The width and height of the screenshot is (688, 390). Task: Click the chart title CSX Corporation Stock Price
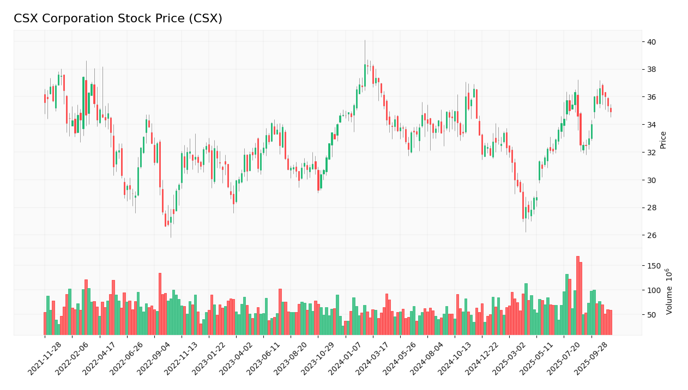(118, 19)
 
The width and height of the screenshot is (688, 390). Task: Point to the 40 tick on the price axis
(651, 42)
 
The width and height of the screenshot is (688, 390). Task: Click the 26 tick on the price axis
(651, 235)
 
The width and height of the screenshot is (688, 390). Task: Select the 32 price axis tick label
(651, 153)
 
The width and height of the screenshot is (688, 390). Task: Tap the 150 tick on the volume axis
(654, 266)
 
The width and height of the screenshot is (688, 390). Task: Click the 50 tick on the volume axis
(651, 315)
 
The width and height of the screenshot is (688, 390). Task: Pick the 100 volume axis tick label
(654, 290)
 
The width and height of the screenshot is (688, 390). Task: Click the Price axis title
(663, 140)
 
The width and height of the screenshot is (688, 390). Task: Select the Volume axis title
(669, 291)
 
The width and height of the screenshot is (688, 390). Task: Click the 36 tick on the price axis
(651, 97)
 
